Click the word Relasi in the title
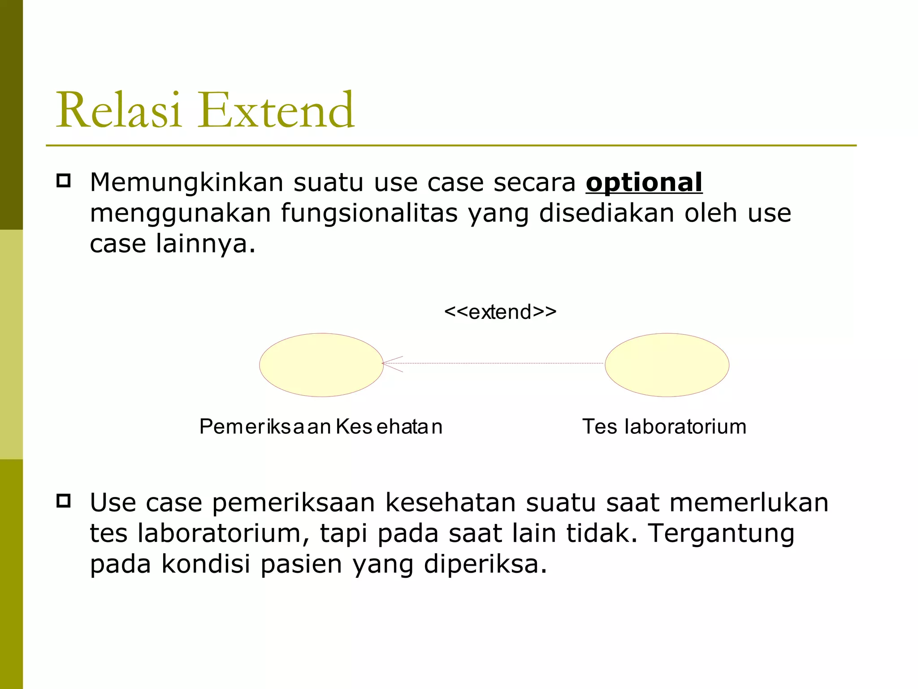(x=118, y=110)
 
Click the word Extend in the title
(x=277, y=110)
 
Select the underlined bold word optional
(x=644, y=183)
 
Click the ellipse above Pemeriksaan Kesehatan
(x=321, y=365)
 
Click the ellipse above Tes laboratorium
(x=667, y=365)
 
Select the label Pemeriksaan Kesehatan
(x=321, y=427)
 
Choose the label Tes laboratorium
(x=664, y=427)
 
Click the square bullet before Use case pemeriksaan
(x=64, y=501)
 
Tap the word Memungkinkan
(x=186, y=183)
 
